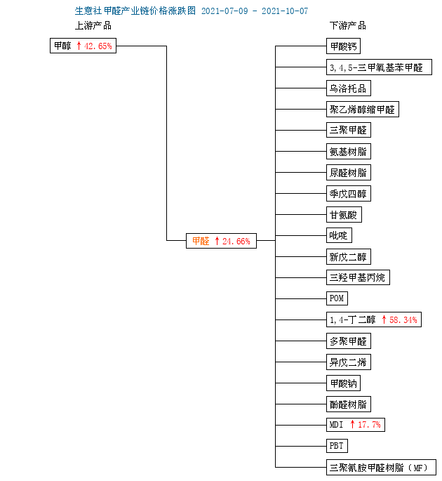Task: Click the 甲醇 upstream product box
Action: (83, 46)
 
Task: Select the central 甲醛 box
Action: (221, 241)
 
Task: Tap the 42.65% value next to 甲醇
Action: (98, 46)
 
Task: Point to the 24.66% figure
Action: (236, 241)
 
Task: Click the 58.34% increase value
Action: (403, 320)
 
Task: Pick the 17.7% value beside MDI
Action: (369, 425)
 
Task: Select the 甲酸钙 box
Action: (343, 46)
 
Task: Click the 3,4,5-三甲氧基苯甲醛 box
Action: (379, 67)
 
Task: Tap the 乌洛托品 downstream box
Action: (349, 88)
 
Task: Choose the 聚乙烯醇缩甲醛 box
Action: (363, 110)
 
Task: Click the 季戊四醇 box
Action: (349, 194)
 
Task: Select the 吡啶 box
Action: (339, 236)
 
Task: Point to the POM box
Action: (337, 298)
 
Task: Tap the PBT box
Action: (337, 446)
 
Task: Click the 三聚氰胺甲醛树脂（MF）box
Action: (381, 467)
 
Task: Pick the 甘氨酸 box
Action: (344, 215)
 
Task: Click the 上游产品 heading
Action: (93, 25)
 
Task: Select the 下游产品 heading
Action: (348, 25)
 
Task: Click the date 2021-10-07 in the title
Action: (285, 11)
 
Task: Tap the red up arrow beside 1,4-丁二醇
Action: (384, 319)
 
